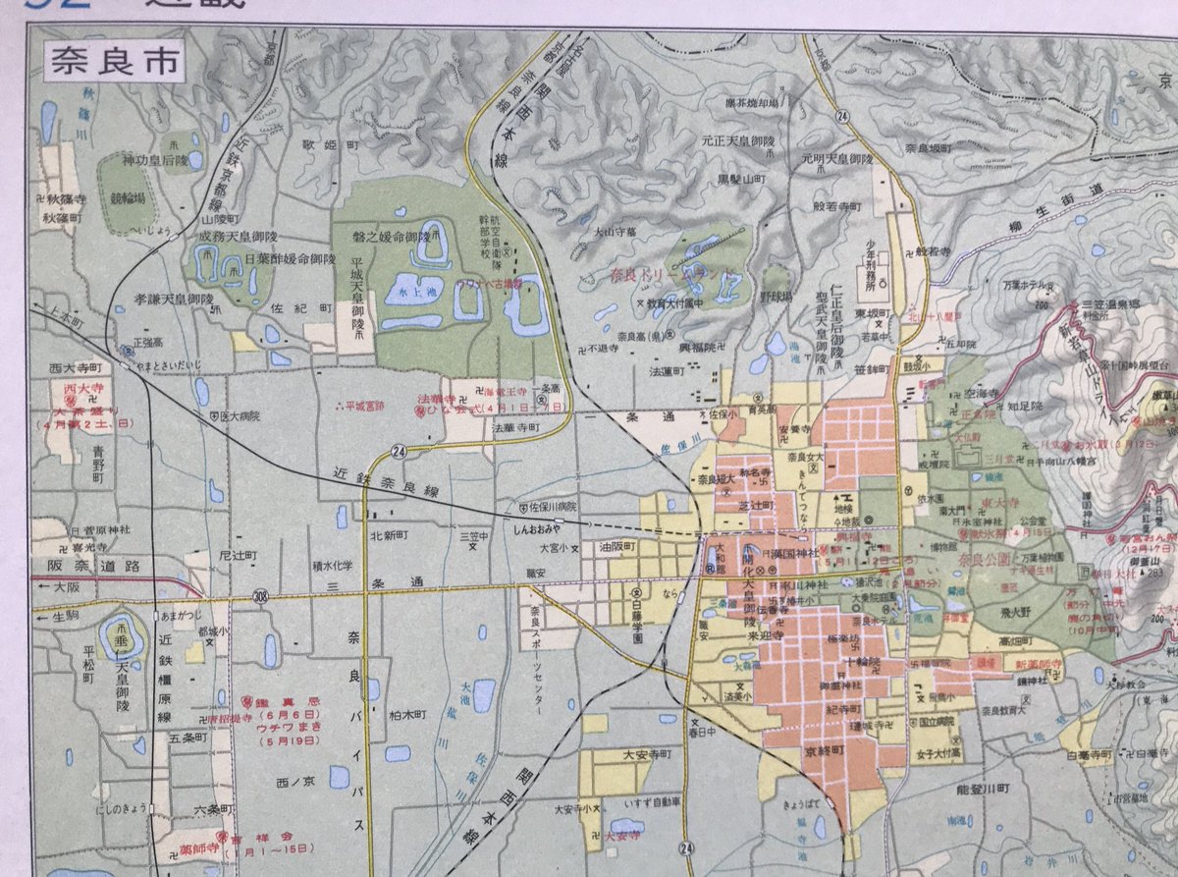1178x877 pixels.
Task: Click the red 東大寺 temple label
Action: tap(1002, 503)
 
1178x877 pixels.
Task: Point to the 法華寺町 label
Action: tap(515, 429)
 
